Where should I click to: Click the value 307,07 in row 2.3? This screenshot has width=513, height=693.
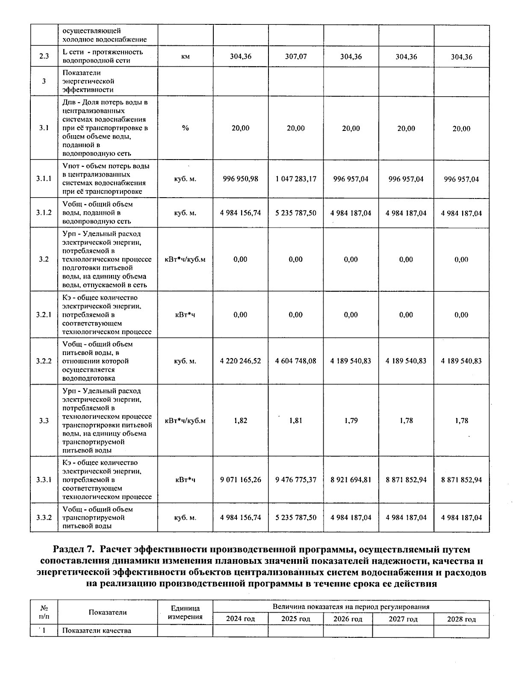(x=296, y=56)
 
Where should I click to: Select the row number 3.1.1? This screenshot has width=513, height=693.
(x=44, y=179)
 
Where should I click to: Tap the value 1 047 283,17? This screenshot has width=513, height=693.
(x=296, y=179)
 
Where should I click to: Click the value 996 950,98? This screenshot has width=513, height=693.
(x=240, y=179)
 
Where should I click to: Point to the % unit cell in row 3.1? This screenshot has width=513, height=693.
(x=185, y=128)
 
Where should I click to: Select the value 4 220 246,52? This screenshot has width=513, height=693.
(x=240, y=361)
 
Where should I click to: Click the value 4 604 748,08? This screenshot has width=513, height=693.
(x=296, y=361)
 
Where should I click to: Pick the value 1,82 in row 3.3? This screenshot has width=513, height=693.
(x=240, y=421)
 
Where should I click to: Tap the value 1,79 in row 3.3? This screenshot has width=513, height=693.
(x=351, y=421)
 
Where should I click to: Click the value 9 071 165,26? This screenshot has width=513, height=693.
(x=240, y=480)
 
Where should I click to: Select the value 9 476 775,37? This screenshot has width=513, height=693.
(x=296, y=480)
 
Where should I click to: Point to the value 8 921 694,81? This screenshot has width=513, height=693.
(x=351, y=480)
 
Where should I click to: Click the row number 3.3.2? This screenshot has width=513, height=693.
(x=44, y=518)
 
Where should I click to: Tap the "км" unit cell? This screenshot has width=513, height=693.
(x=185, y=56)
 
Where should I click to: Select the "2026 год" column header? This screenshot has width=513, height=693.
(x=348, y=619)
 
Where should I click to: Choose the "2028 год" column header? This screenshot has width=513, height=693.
(x=461, y=619)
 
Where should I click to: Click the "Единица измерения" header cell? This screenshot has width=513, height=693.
(x=185, y=613)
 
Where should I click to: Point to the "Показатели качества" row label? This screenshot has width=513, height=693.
(x=97, y=631)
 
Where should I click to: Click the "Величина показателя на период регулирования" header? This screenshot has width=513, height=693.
(x=351, y=607)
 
